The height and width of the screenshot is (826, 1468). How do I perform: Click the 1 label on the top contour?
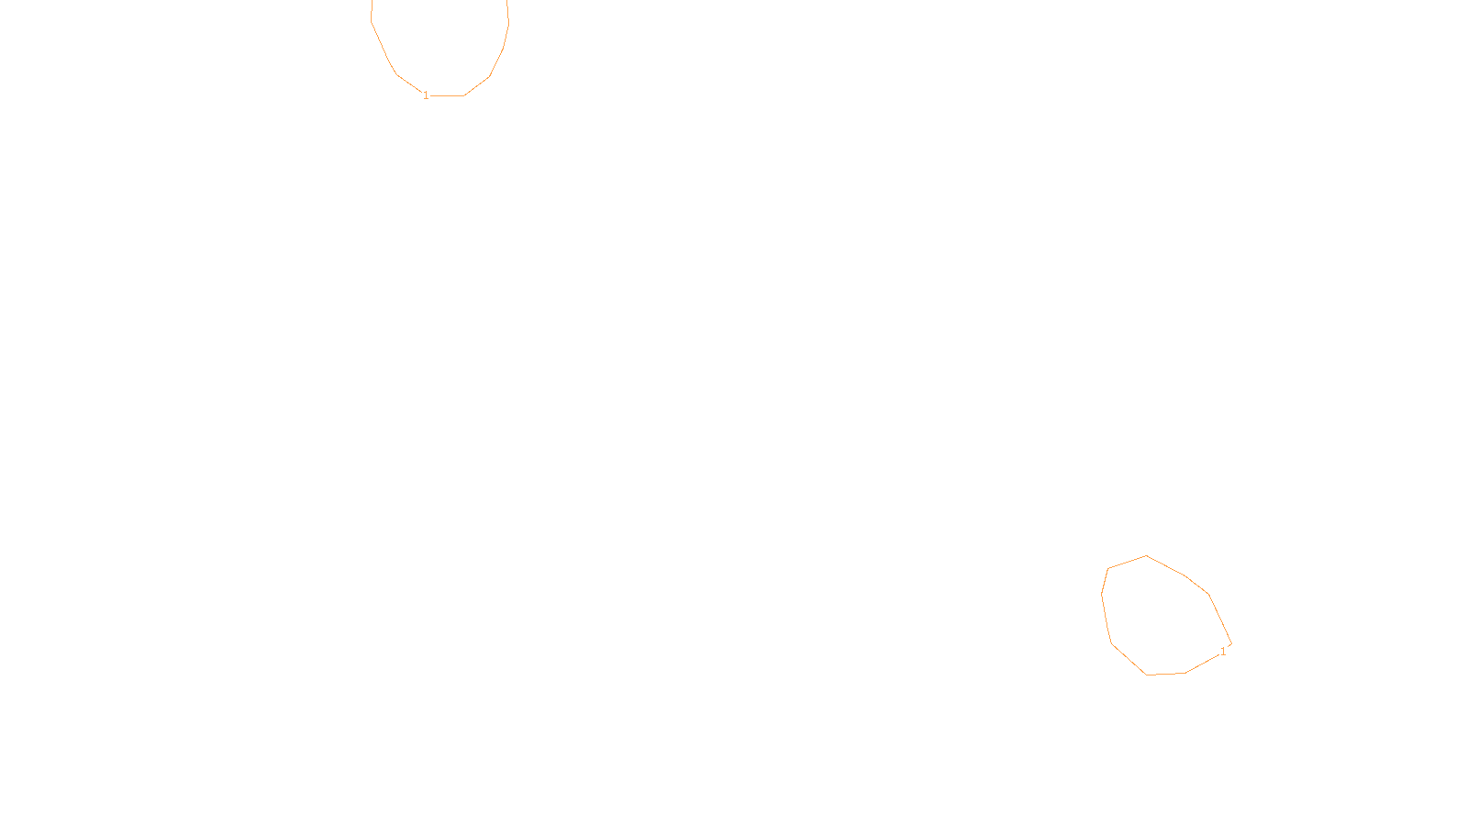click(426, 95)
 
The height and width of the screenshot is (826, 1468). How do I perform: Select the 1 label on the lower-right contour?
click(1223, 652)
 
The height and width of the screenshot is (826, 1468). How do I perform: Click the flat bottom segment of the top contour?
click(448, 95)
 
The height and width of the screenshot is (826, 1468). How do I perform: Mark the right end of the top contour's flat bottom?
click(464, 95)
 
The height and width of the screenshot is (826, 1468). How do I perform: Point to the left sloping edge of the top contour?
click(383, 47)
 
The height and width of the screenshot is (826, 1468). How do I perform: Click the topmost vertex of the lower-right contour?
click(1146, 555)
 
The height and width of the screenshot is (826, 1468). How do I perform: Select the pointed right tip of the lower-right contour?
click(1231, 644)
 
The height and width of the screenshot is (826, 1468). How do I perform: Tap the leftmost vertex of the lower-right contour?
click(1101, 595)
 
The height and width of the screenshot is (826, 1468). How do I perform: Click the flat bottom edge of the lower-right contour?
click(1165, 674)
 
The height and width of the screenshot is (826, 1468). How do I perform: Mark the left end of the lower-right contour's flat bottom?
click(1147, 675)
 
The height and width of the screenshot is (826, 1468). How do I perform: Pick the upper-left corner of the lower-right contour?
click(1108, 568)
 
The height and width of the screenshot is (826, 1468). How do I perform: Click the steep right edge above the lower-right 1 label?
click(1219, 619)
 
